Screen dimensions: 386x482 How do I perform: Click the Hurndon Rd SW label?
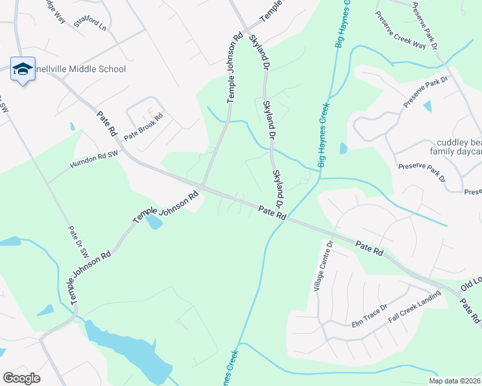click(95, 160)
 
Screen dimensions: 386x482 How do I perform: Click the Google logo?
click(21, 378)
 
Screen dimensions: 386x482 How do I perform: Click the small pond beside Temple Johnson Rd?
click(154, 223)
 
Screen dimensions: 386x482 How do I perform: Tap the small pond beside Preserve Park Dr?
click(428, 107)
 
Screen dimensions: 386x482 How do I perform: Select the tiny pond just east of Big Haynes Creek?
click(343, 149)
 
